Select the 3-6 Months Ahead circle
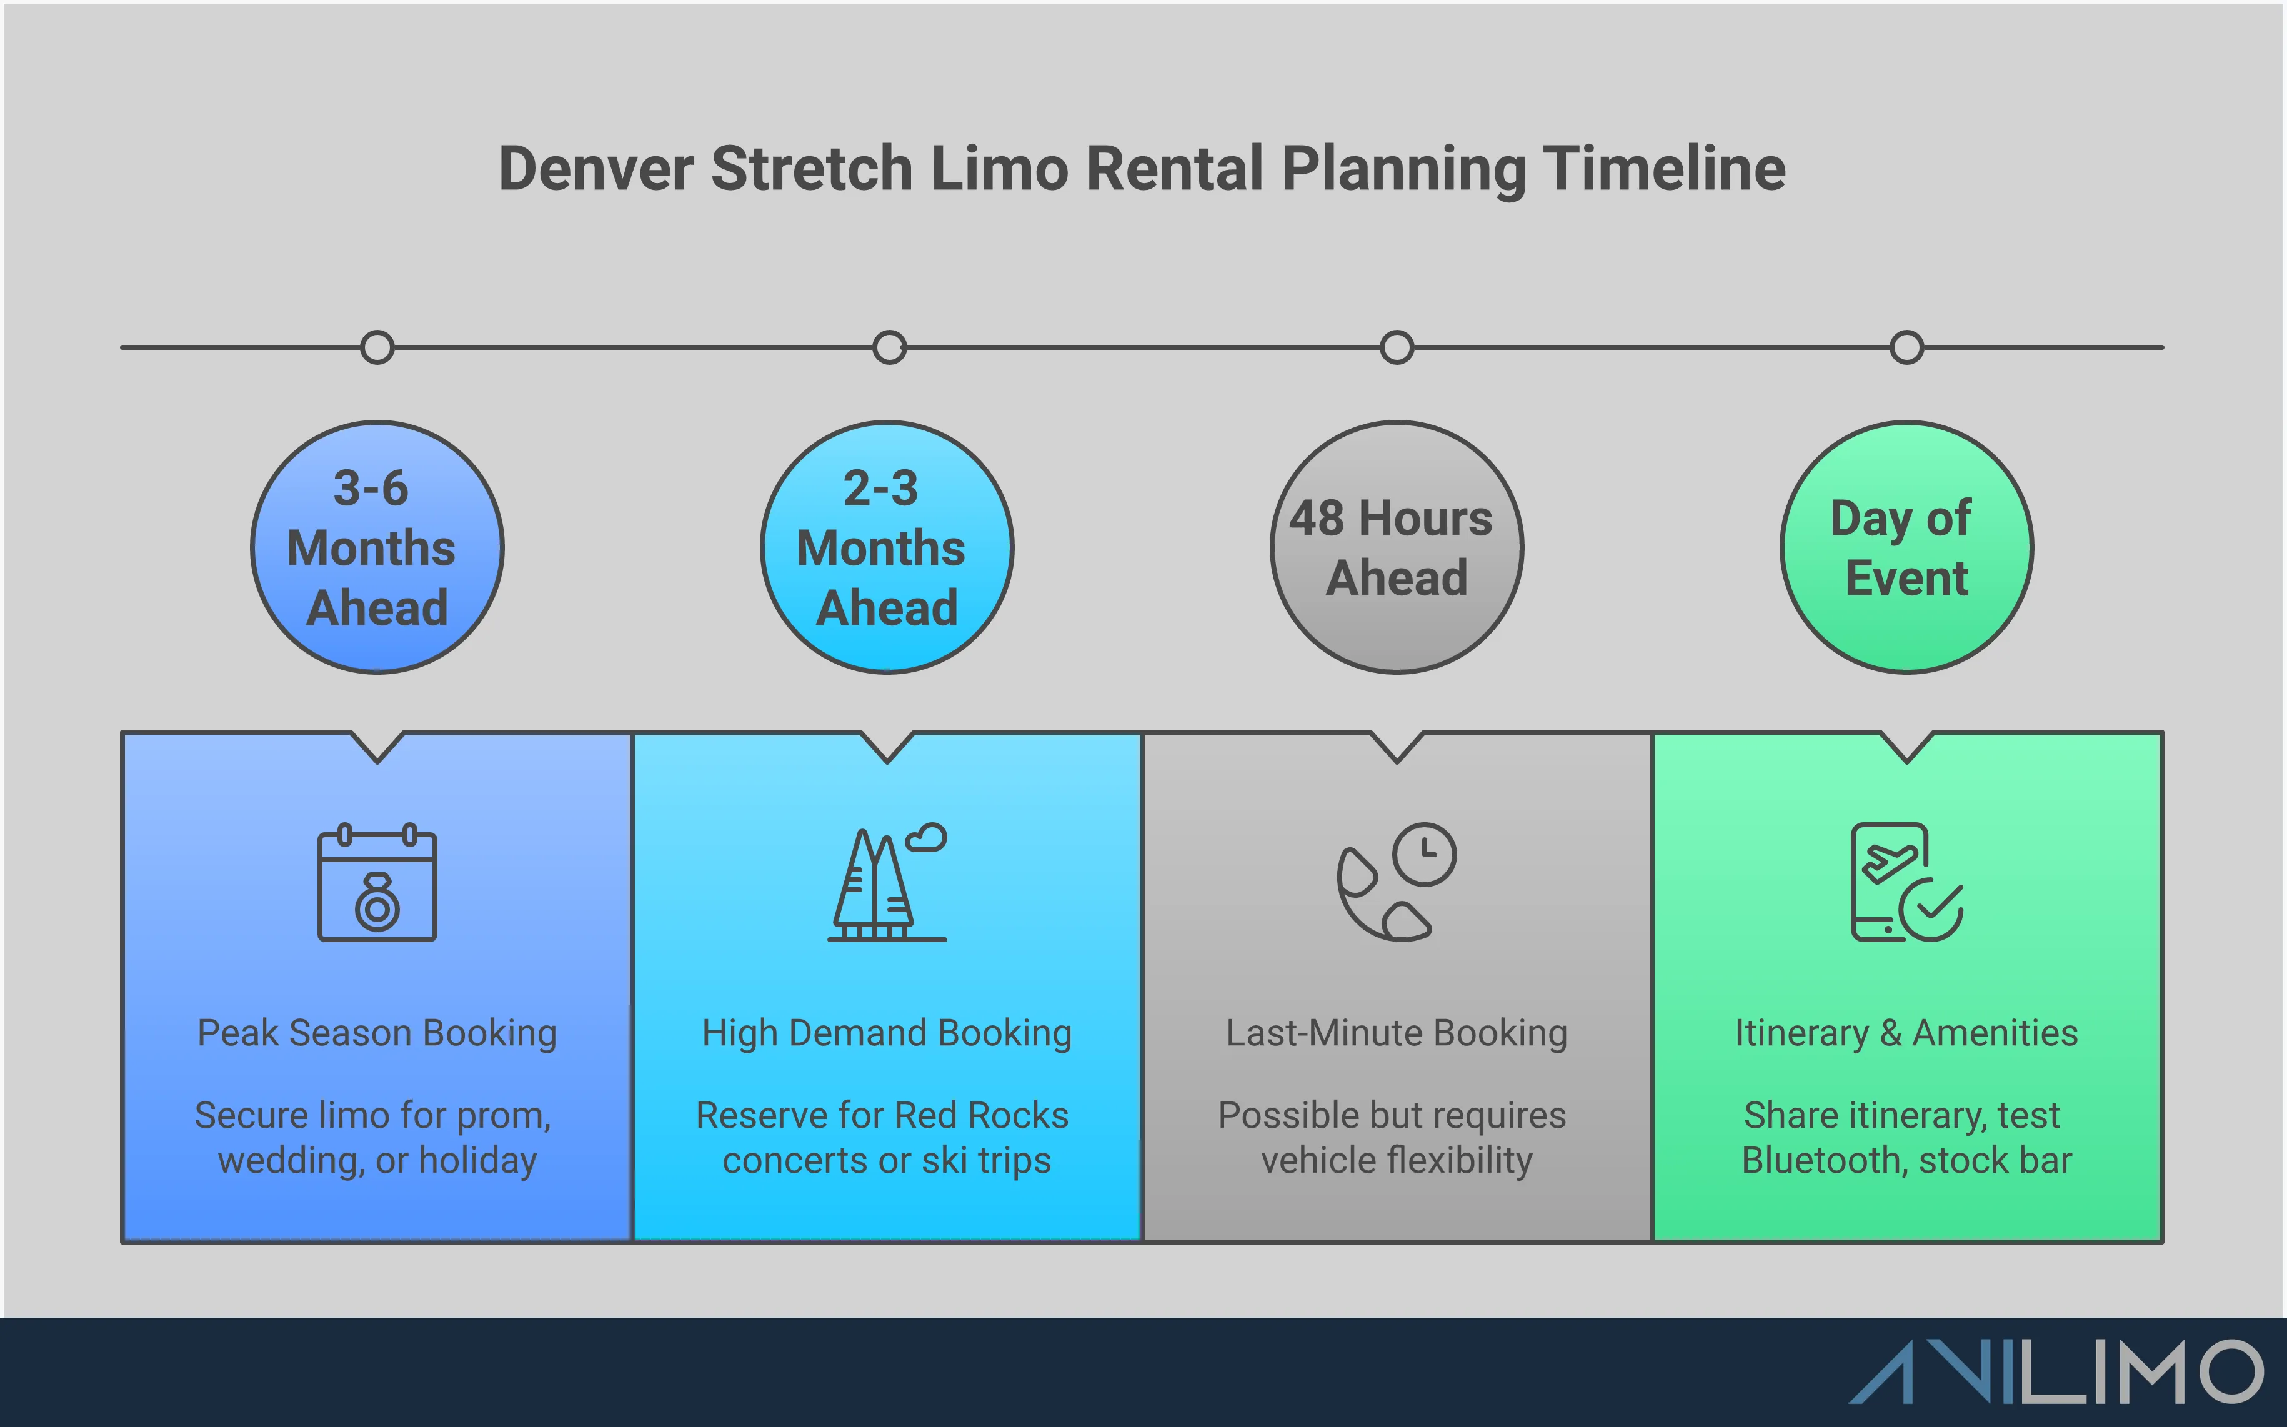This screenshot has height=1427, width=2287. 377,547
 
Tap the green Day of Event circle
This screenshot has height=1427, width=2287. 1906,547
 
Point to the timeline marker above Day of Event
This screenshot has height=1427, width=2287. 1906,347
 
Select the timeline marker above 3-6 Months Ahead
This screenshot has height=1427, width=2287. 377,347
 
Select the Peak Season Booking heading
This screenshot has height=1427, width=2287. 377,1033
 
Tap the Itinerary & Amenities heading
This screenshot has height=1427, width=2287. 1906,1033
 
